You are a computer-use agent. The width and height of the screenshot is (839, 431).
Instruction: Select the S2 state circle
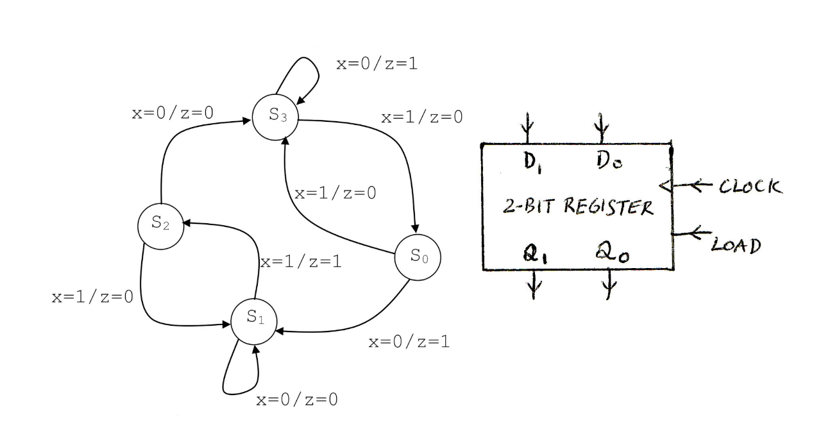pos(160,224)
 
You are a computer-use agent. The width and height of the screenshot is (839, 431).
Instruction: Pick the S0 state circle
pos(418,258)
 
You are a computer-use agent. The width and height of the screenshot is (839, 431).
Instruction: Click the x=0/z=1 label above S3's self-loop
pos(377,65)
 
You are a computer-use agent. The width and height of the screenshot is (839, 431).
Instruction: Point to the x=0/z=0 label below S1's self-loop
pos(297,400)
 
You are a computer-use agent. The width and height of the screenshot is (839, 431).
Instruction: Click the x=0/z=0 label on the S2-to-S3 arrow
pos(173,113)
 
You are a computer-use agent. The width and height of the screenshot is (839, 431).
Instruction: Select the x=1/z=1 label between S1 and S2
pos(300,262)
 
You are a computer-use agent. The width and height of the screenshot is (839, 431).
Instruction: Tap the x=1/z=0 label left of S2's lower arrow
pos(92,298)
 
